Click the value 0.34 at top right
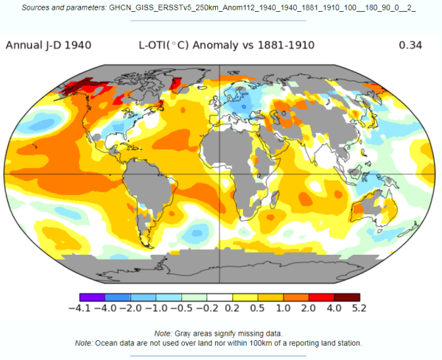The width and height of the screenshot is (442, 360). [409, 46]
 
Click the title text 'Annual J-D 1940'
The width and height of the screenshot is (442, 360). [49, 46]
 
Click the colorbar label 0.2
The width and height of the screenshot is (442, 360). [233, 307]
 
